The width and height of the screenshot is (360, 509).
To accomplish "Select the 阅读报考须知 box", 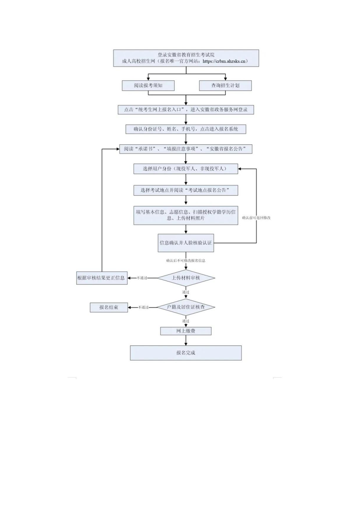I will tap(148, 85).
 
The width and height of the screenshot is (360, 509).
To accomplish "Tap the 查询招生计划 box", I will tap(226, 85).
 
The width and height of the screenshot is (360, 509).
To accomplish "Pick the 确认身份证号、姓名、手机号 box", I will tap(186, 129).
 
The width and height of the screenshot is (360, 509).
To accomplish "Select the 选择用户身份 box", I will tap(186, 169).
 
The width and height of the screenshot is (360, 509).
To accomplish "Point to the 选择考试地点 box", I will tap(186, 190).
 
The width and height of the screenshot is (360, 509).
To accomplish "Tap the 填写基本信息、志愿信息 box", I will tap(186, 215).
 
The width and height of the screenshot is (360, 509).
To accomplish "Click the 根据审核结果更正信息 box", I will tap(101, 278).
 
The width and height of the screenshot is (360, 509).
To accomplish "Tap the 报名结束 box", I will tap(109, 308).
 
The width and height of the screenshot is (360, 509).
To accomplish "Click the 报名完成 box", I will tap(186, 353).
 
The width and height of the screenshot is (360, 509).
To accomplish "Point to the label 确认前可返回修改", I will tap(256, 218).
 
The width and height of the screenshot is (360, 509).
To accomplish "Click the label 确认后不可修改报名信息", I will tap(186, 261).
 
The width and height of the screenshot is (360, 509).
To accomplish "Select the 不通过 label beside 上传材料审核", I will tap(142, 278).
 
